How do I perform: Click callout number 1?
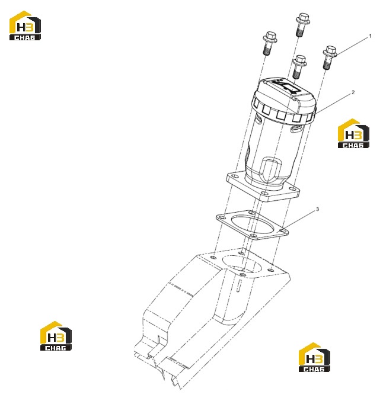pyautogui.click(x=370, y=36)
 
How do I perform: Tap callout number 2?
pyautogui.click(x=353, y=92)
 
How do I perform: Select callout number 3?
pyautogui.click(x=317, y=209)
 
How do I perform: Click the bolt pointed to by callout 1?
pyautogui.click(x=329, y=57)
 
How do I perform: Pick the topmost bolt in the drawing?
pyautogui.click(x=302, y=25)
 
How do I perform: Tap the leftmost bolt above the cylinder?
pyautogui.click(x=269, y=43)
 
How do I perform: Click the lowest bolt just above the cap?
pyautogui.click(x=299, y=67)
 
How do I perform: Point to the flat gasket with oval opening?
pyautogui.click(x=253, y=225)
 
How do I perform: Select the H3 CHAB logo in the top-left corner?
pyautogui.click(x=25, y=25)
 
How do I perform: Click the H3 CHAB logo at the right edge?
pyautogui.click(x=353, y=133)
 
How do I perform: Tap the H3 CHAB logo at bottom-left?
pyautogui.click(x=56, y=336)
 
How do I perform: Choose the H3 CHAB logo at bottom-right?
pyautogui.click(x=314, y=357)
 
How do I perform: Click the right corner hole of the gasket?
pyautogui.click(x=283, y=231)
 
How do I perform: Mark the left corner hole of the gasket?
pyautogui.click(x=222, y=217)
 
